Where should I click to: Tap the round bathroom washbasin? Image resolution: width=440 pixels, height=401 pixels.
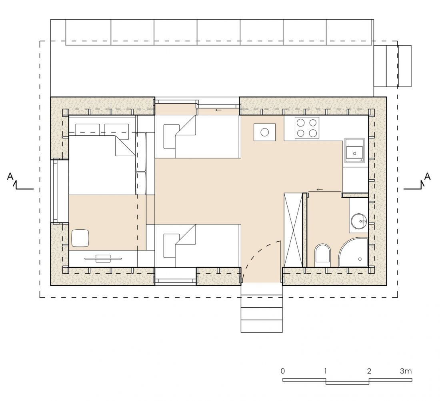[359, 221]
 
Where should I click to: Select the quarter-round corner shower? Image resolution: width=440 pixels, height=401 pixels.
[353, 253]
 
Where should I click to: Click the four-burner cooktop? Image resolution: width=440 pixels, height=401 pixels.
[307, 128]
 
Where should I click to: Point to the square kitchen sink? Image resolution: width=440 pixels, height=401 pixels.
[354, 151]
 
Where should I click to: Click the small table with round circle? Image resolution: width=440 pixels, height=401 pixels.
[265, 132]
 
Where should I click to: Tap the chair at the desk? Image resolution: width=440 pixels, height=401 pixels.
[80, 238]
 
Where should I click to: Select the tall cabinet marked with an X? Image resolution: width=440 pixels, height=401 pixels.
[293, 230]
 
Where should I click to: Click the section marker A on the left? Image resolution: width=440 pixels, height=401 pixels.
[10, 176]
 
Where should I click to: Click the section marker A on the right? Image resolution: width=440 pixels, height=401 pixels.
[427, 176]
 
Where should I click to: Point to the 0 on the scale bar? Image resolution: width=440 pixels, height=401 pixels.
[282, 371]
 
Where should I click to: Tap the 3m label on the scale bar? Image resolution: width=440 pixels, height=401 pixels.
[406, 371]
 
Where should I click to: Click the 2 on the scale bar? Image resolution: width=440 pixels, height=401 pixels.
[369, 371]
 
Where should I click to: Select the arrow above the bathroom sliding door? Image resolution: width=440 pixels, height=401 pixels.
[319, 190]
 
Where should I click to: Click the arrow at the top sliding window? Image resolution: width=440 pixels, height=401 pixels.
[218, 110]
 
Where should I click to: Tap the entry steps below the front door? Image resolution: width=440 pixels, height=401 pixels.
[262, 308]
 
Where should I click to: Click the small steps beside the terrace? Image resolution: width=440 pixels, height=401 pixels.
[392, 66]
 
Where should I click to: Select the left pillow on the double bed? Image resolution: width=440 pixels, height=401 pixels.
[88, 130]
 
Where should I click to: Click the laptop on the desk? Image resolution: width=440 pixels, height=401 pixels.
[103, 259]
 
